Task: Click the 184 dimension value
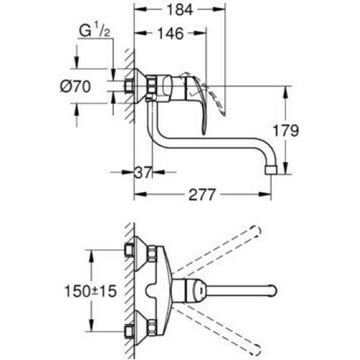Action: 180,10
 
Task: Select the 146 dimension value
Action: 171,33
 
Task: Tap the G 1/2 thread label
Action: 94,31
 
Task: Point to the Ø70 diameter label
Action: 76,86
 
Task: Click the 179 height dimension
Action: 286,131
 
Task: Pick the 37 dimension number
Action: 143,172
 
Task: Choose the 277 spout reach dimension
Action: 202,194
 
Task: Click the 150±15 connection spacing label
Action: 91,291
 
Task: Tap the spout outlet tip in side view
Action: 271,169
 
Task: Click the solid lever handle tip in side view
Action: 204,132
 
